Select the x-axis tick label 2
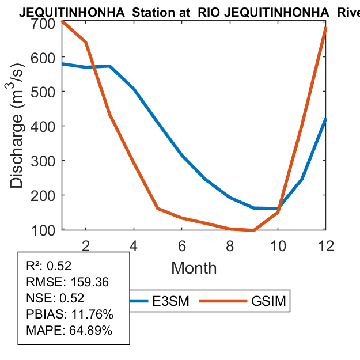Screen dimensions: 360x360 (86, 245)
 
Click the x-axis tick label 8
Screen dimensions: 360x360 (230, 245)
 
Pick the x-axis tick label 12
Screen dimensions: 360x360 (326, 245)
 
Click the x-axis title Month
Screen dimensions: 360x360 (194, 268)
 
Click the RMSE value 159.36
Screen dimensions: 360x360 (90, 282)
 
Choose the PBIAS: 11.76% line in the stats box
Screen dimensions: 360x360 (70, 314)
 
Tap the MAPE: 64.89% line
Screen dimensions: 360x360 (69, 331)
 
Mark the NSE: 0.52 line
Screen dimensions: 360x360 (55, 298)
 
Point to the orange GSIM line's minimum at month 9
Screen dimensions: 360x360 (254, 230)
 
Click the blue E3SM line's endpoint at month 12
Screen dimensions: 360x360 (326, 119)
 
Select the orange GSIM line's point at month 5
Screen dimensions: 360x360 (158, 209)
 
